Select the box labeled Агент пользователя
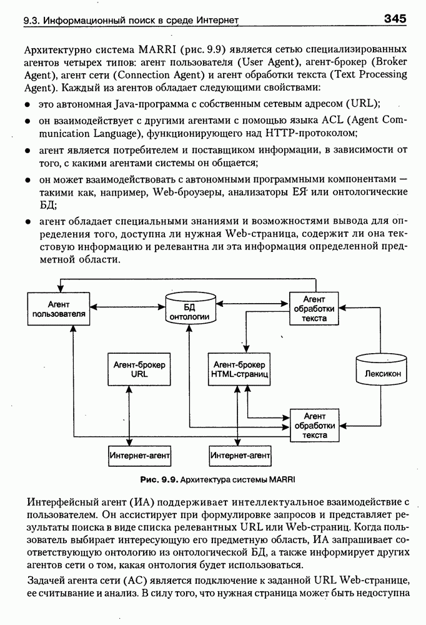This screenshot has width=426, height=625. coord(58,308)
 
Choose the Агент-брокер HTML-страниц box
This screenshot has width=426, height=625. coord(239,370)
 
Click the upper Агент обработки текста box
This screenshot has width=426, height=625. coord(314,308)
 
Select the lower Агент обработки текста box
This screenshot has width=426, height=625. coord(315,425)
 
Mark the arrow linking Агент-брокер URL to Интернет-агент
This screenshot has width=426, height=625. coord(129,416)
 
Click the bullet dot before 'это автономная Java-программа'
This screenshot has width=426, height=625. coord(28,103)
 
